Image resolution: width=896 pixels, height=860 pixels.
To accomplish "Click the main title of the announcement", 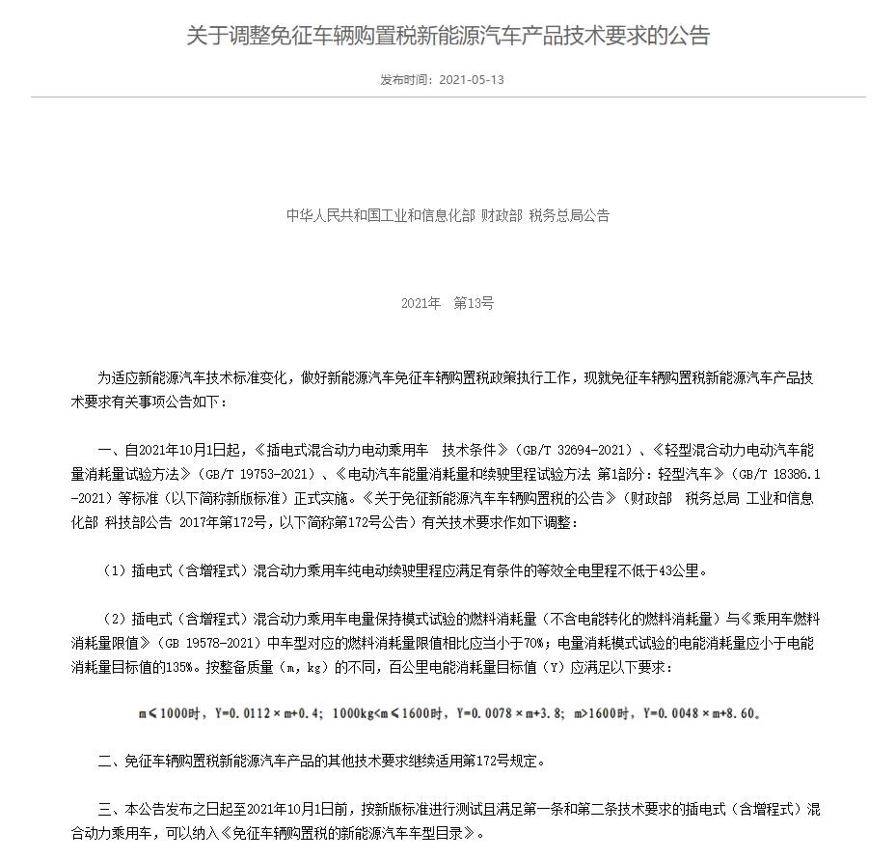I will pos(448,37).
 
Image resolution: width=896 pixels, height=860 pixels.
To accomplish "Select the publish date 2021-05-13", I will pos(471,80).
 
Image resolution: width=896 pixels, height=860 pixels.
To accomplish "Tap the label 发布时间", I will pos(405,80).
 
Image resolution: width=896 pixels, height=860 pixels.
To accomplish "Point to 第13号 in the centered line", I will pos(474,303).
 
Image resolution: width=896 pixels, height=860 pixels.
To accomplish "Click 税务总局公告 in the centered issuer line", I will pos(569,216).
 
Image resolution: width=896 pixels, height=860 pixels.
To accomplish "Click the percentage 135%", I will pos(182,666).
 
